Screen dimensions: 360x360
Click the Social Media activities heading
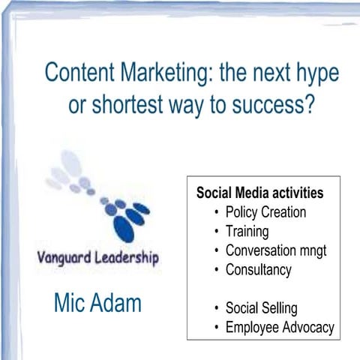pos(259,193)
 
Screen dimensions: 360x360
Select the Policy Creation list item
pos(265,212)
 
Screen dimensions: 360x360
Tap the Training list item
pos(247,232)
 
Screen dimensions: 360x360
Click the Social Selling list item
pos(261,308)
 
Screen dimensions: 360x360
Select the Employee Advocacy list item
pos(279,328)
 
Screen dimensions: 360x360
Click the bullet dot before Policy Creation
pos(217,212)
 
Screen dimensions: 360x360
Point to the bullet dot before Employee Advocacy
pos(217,328)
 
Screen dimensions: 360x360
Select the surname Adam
pos(117,304)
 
